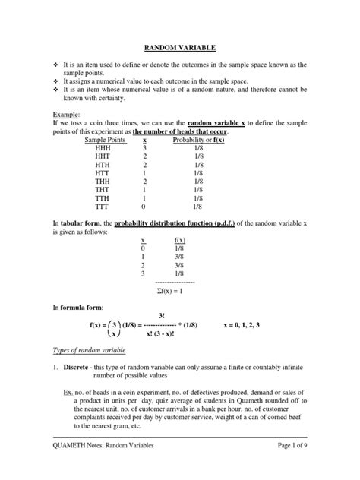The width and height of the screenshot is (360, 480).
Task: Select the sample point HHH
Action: (x=103, y=150)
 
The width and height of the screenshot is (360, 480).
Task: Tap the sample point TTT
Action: (x=103, y=205)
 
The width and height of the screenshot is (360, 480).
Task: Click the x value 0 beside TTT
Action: (x=145, y=205)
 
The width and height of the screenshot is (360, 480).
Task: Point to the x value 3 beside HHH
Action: (x=145, y=150)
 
